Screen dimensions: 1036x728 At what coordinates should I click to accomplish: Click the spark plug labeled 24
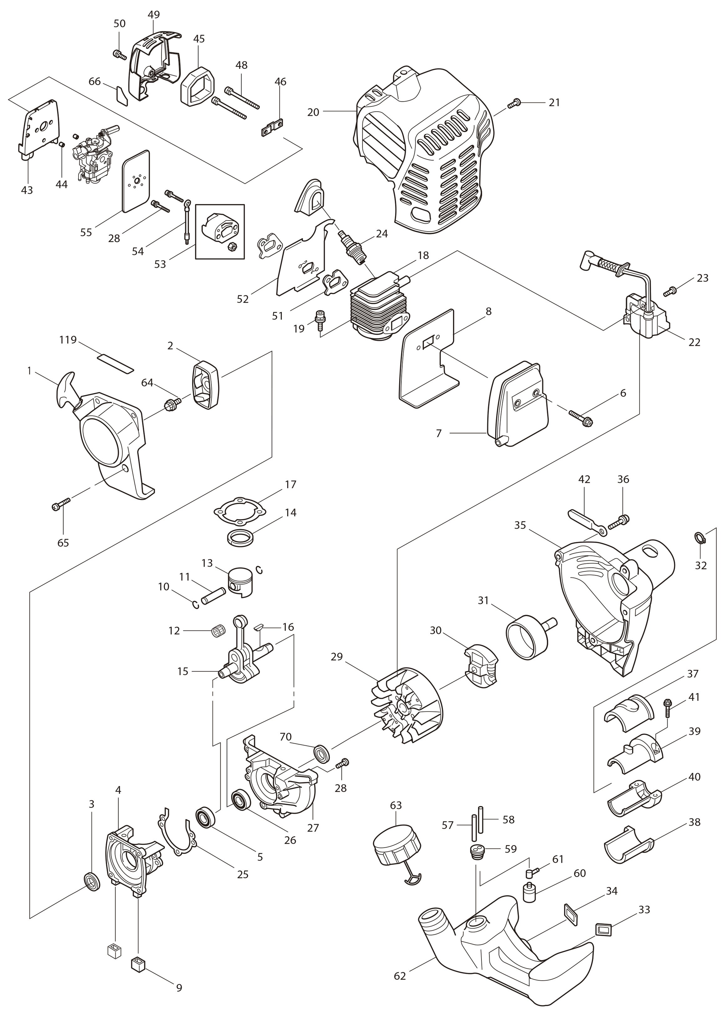click(354, 247)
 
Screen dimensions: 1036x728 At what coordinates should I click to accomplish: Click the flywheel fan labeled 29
click(407, 713)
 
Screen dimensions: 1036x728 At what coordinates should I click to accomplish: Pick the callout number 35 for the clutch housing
click(520, 525)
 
